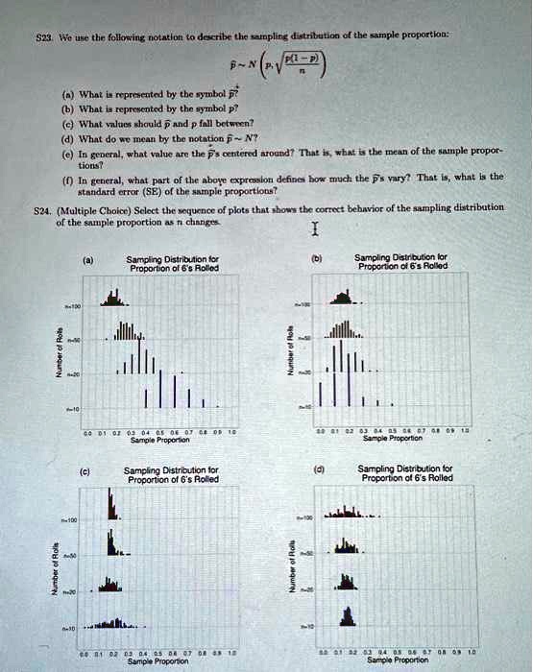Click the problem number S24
pyautogui.click(x=40, y=207)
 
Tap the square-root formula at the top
pyautogui.click(x=292, y=64)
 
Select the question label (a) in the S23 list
pyautogui.click(x=67, y=100)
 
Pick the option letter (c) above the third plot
pyautogui.click(x=86, y=470)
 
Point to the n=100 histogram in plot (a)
pyautogui.click(x=114, y=300)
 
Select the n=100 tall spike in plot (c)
pyautogui.click(x=111, y=503)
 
